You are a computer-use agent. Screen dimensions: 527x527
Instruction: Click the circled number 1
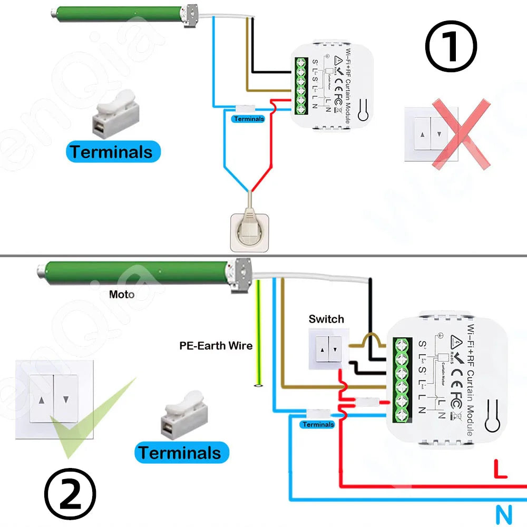point(451,46)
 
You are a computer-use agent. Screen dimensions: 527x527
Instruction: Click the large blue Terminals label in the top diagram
point(112,152)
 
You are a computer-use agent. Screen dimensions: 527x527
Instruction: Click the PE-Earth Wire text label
point(216,346)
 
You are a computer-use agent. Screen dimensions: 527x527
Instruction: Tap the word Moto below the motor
point(121,294)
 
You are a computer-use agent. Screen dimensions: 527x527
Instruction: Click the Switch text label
point(326,319)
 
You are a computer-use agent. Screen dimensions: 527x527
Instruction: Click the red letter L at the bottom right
point(500,469)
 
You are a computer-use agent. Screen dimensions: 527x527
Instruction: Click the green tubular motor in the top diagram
point(116,14)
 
